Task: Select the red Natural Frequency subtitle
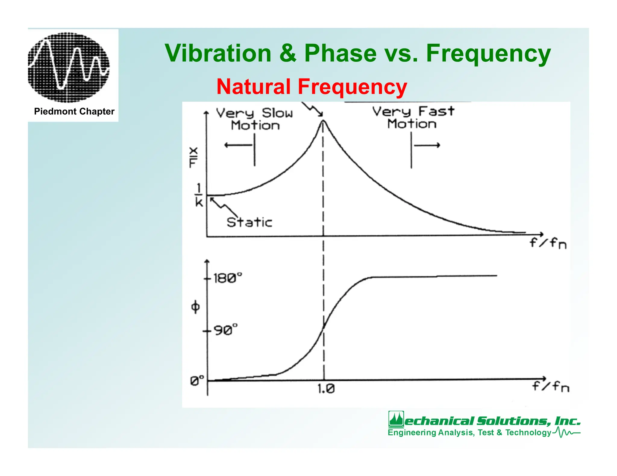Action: pyautogui.click(x=312, y=87)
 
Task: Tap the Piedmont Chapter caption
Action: pyautogui.click(x=74, y=112)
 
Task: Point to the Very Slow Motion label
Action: pyautogui.click(x=255, y=119)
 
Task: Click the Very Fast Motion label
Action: pyautogui.click(x=413, y=118)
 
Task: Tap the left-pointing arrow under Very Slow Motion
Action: pyautogui.click(x=238, y=145)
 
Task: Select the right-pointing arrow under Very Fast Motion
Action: pyautogui.click(x=427, y=145)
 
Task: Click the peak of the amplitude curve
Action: pyautogui.click(x=323, y=121)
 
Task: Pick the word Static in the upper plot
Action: pyautogui.click(x=249, y=222)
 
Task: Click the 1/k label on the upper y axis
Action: pyautogui.click(x=199, y=195)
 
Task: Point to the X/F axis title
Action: pyautogui.click(x=193, y=157)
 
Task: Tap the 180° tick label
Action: pyautogui.click(x=227, y=278)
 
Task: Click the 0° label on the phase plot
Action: pyautogui.click(x=197, y=381)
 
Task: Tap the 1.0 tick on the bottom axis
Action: pyautogui.click(x=326, y=389)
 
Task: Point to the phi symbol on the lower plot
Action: pyautogui.click(x=195, y=307)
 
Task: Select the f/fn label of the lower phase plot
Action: pyautogui.click(x=550, y=386)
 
